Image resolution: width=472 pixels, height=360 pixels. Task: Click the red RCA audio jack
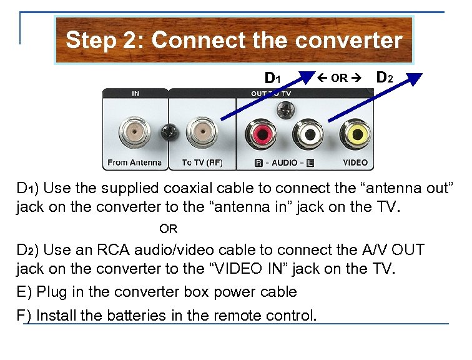point(259,132)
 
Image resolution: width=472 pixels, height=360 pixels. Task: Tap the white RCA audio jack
point(308,132)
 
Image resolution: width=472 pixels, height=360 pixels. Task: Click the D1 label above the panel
point(273,78)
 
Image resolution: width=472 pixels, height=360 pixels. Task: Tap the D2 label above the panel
point(385,78)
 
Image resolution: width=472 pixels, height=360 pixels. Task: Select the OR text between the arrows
point(340,79)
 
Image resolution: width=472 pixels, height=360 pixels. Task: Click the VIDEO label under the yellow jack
point(355,162)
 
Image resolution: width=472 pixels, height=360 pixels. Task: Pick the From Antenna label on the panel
point(134,162)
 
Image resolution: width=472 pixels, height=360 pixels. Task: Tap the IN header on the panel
point(135,94)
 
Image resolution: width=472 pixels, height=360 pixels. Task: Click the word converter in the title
point(350,41)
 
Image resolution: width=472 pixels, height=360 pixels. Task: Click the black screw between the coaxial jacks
point(167,132)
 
